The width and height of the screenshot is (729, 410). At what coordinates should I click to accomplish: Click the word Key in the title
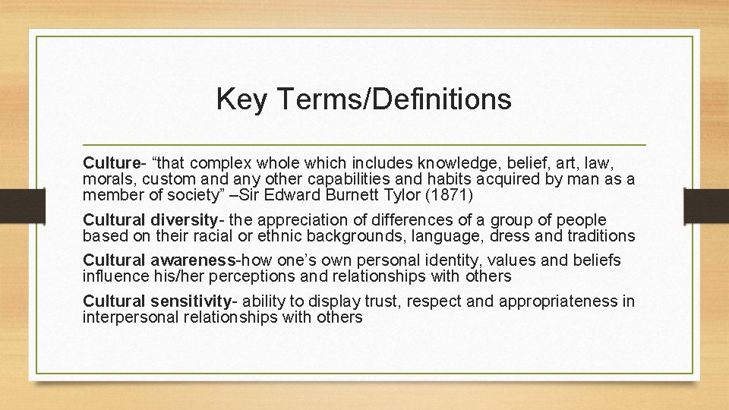237,99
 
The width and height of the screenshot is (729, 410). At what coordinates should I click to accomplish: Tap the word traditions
595,235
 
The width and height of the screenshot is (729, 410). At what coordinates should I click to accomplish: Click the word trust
386,302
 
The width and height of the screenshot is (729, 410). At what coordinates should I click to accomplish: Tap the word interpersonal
131,317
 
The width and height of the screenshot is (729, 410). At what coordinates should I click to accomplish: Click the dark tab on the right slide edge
705,204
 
